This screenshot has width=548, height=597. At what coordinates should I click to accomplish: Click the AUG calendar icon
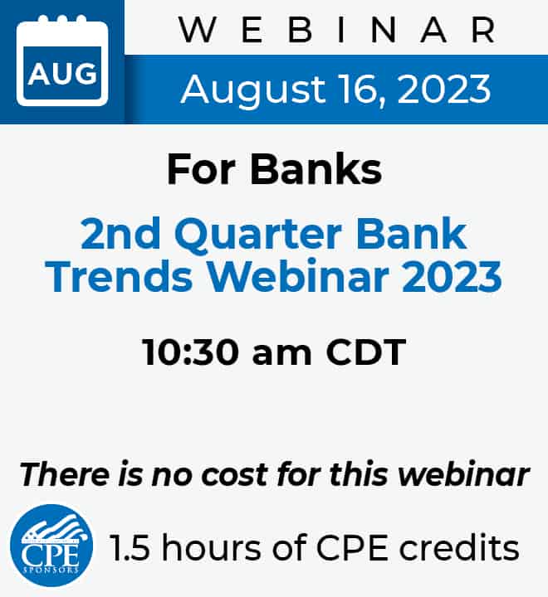tap(62, 61)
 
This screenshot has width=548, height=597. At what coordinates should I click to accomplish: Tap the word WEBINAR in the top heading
tap(337, 31)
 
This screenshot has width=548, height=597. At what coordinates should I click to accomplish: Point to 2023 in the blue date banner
tap(444, 89)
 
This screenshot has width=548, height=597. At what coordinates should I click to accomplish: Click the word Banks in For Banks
tap(316, 169)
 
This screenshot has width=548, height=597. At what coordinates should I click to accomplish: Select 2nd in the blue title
tap(120, 233)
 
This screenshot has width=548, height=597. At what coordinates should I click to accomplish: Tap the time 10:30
tap(190, 352)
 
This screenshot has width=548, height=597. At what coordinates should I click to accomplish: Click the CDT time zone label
tap(365, 352)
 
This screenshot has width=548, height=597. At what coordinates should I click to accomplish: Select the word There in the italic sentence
tap(64, 474)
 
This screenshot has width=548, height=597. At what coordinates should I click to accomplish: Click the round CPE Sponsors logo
tap(51, 546)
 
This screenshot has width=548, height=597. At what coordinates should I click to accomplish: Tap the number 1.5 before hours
tap(130, 548)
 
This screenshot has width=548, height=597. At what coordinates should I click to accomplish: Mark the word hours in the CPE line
tap(212, 547)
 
